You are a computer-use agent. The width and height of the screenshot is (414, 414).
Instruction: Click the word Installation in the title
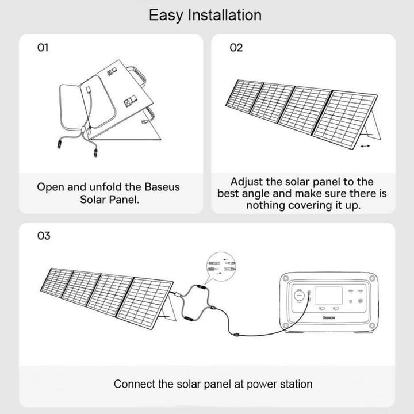(x=225, y=15)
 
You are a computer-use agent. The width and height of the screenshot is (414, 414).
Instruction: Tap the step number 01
(x=43, y=48)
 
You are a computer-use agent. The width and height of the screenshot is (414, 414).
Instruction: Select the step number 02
(x=236, y=48)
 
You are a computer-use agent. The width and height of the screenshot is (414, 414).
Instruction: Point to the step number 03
(x=44, y=236)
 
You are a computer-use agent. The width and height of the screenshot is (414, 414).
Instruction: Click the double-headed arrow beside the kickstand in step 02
(x=363, y=147)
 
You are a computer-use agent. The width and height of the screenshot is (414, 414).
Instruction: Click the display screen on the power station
(x=329, y=296)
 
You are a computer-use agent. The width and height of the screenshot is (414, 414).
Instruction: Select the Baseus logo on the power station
(x=298, y=316)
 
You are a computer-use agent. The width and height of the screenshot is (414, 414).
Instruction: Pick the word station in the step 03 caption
(x=294, y=384)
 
